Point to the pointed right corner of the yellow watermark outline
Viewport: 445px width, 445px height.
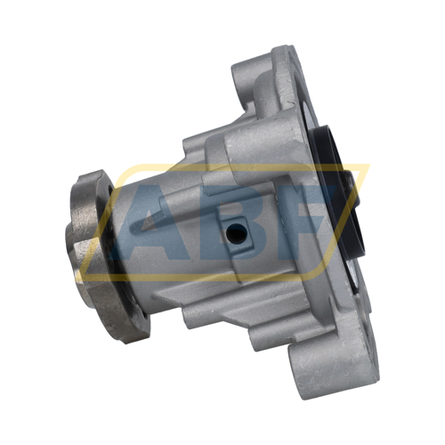(368, 166)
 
